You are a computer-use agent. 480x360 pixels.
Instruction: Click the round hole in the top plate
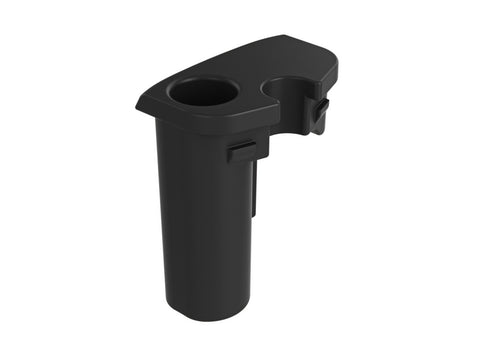pyautogui.click(x=203, y=93)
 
